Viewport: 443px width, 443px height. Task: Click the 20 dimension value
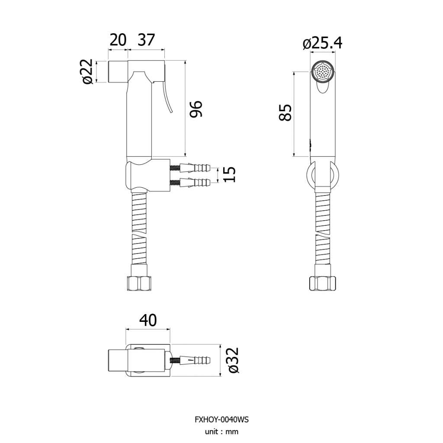point(118,40)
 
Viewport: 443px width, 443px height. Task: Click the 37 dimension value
point(146,40)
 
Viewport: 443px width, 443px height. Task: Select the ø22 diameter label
point(87,71)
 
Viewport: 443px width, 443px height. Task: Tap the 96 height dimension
point(196,109)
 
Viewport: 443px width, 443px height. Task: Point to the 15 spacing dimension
point(229,174)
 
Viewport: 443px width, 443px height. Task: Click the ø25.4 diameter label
point(322,43)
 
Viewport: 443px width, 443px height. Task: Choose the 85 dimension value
point(285,113)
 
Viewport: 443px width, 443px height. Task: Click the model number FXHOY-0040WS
point(221,420)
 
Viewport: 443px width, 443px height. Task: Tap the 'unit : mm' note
point(221,432)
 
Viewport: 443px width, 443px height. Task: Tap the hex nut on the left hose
point(139,283)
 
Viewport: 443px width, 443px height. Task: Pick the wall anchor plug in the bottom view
point(190,360)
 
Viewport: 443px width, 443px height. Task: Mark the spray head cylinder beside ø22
point(118,71)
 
